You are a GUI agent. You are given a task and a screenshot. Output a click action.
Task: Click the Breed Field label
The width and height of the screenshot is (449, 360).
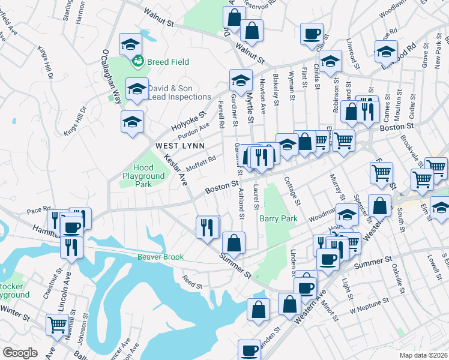tap(168, 62)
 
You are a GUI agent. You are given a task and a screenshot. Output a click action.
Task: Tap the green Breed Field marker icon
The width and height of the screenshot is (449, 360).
tap(139, 61)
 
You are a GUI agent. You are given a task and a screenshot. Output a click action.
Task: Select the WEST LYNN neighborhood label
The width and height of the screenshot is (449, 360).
tap(180, 146)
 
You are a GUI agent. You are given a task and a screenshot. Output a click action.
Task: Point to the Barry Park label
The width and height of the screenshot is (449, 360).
tap(279, 219)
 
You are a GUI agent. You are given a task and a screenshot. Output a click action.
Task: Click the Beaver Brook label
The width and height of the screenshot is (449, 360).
tap(160, 257)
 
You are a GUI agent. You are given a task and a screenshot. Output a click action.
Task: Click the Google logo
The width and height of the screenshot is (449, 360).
tap(20, 352)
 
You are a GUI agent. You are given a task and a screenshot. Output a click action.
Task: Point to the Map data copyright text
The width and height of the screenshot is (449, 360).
tap(423, 355)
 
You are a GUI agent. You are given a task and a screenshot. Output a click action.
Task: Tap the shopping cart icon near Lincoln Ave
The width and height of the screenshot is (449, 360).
tap(57, 324)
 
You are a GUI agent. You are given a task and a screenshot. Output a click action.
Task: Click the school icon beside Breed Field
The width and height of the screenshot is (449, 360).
tap(130, 44)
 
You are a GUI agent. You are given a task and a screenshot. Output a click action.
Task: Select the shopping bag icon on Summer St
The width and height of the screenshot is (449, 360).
tap(234, 243)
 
